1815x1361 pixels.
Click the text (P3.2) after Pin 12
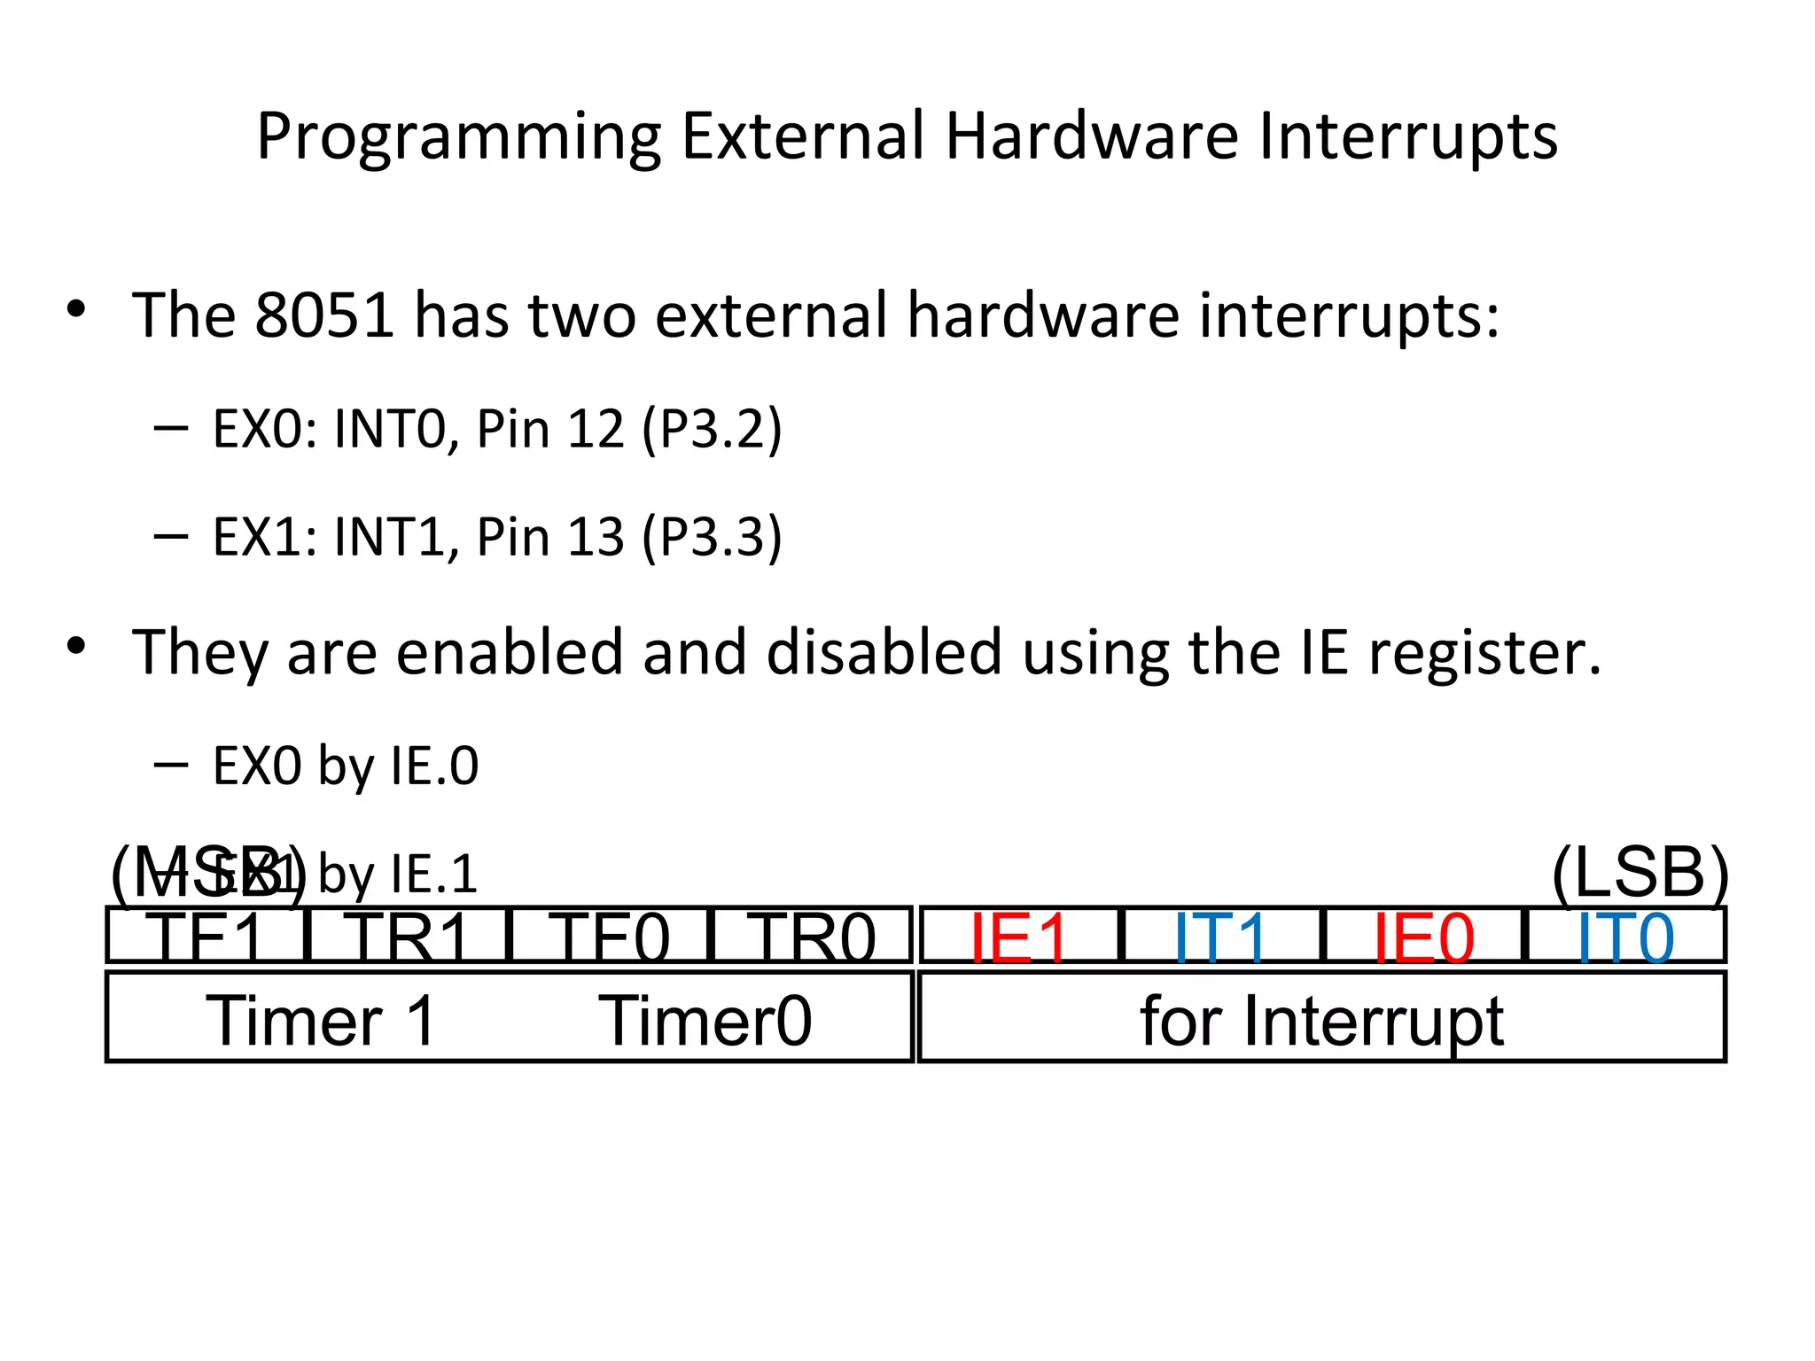(713, 429)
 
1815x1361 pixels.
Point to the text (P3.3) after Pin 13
(713, 537)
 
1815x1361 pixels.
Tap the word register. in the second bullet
(1485, 653)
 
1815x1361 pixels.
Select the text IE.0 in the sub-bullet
(433, 766)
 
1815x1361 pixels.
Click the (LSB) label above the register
(1640, 873)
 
